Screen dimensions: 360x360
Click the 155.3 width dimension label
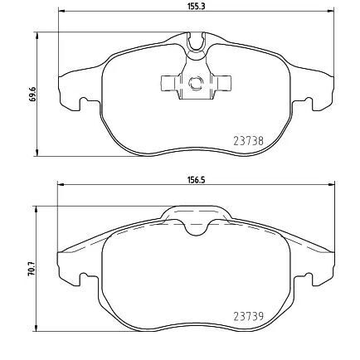coord(196,7)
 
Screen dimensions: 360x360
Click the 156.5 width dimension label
coord(196,180)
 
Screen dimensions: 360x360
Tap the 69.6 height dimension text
coord(32,95)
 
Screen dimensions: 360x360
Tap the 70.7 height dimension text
coord(32,268)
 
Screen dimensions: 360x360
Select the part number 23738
coord(248,141)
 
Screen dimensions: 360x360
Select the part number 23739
coord(248,316)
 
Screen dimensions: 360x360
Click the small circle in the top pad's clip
coord(196,83)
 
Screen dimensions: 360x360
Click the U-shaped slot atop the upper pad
coord(196,42)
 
